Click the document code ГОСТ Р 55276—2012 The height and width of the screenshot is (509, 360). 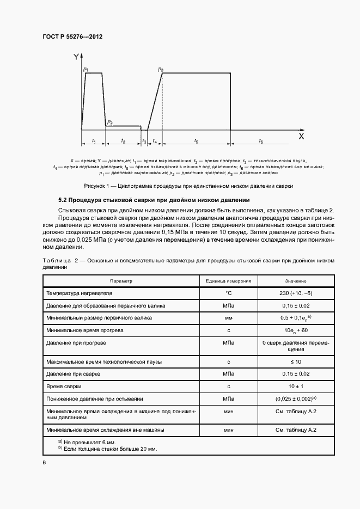coord(72,36)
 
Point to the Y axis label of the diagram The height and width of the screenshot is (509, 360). coord(76,56)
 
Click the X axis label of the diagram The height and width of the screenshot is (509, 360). coord(301,137)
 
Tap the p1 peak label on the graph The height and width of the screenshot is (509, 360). coord(86,70)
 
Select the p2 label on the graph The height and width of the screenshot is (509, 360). coord(110,122)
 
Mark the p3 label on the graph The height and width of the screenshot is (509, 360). coord(161,70)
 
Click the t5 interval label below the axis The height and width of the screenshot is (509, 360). coord(196,142)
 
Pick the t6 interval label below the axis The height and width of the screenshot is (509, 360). coord(261,142)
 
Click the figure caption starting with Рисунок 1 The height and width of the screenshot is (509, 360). coord(180,186)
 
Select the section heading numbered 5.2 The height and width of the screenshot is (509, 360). coord(154,200)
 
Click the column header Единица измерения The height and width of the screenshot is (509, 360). coord(228,281)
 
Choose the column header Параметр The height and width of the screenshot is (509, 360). coord(121,281)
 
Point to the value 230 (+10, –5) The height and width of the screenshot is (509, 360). coord(295,293)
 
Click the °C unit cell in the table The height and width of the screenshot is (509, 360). coord(228,293)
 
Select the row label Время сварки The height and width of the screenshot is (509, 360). coord(64,387)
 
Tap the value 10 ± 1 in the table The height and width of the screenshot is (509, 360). coord(295,387)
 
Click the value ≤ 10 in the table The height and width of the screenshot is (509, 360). coord(295,362)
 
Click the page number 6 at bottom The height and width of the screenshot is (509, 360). coord(44,462)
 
